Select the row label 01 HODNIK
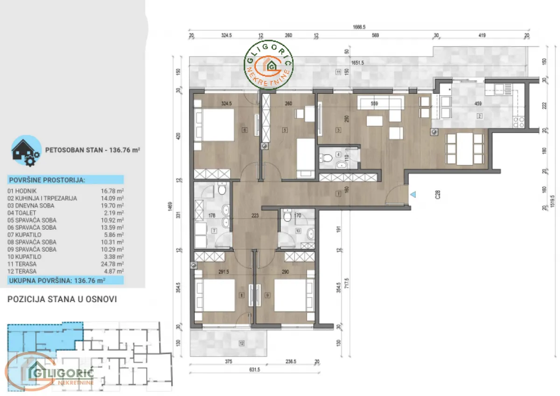pyautogui.click(x=22, y=191)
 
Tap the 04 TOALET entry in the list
pyautogui.click(x=22, y=213)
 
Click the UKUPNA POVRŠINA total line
pyautogui.click(x=56, y=280)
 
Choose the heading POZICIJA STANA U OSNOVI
pyautogui.click(x=62, y=299)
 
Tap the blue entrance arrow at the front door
pyautogui.click(x=412, y=194)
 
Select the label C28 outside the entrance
pyautogui.click(x=437, y=194)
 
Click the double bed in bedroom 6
pyautogui.click(x=217, y=125)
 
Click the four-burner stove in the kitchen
pyautogui.click(x=518, y=122)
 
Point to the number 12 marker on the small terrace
pyautogui.click(x=241, y=344)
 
